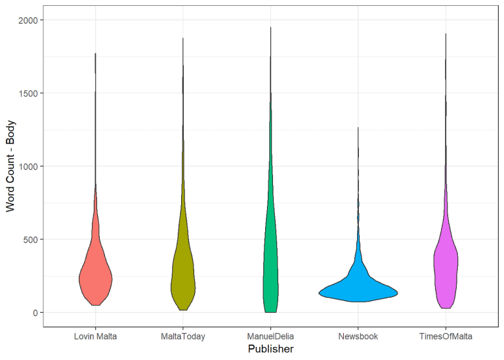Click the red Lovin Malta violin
pyautogui.click(x=95, y=275)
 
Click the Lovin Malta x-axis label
pyautogui.click(x=95, y=336)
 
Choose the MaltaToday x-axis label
pyautogui.click(x=183, y=336)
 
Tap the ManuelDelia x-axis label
pyautogui.click(x=270, y=336)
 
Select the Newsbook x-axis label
pyautogui.click(x=358, y=336)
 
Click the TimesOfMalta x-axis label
pyautogui.click(x=446, y=336)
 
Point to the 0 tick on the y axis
pyautogui.click(x=34, y=313)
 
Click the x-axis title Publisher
pyautogui.click(x=270, y=350)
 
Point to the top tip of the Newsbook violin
pyautogui.click(x=358, y=129)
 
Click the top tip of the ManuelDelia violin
pyautogui.click(x=270, y=28)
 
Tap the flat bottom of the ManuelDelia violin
pyautogui.click(x=270, y=311)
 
